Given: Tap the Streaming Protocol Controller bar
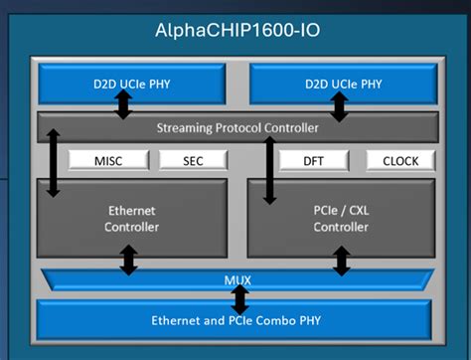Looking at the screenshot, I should point(237,127).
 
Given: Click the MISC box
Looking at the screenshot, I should point(108,160).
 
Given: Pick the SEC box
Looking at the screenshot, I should point(193,160).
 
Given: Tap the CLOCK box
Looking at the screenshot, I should point(399,160).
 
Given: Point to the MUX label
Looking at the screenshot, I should point(237,279).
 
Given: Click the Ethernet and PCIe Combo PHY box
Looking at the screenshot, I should point(235,320).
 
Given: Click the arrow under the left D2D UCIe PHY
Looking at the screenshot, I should point(123,104).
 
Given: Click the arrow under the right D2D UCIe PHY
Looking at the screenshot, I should point(340,104).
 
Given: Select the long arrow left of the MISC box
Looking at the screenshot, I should point(53,162).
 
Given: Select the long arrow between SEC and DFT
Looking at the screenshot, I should point(268,169).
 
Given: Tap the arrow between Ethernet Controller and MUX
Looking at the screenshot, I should point(128,260).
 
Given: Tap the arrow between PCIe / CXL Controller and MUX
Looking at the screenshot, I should point(342,260).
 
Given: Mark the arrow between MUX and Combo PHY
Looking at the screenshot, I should point(239,298).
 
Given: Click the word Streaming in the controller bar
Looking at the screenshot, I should point(186,127).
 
